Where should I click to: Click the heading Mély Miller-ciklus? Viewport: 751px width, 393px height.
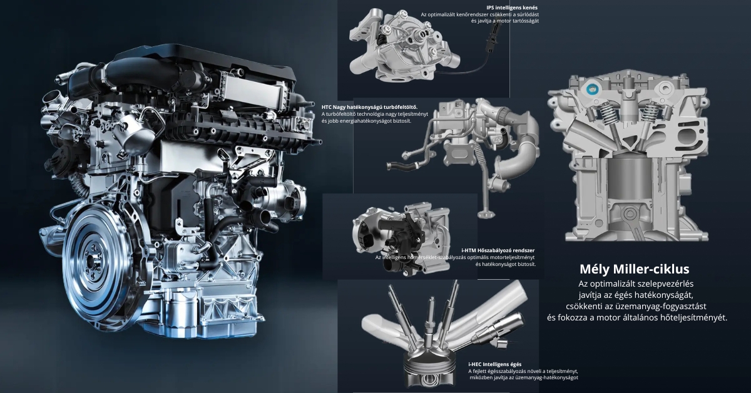click(x=635, y=269)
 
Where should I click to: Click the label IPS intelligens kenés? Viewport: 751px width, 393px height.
click(x=512, y=8)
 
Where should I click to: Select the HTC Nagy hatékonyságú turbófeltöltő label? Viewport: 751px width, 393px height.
click(x=369, y=107)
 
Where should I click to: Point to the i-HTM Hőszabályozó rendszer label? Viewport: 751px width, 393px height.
click(x=498, y=250)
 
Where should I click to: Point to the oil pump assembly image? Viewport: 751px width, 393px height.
click(x=404, y=46)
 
